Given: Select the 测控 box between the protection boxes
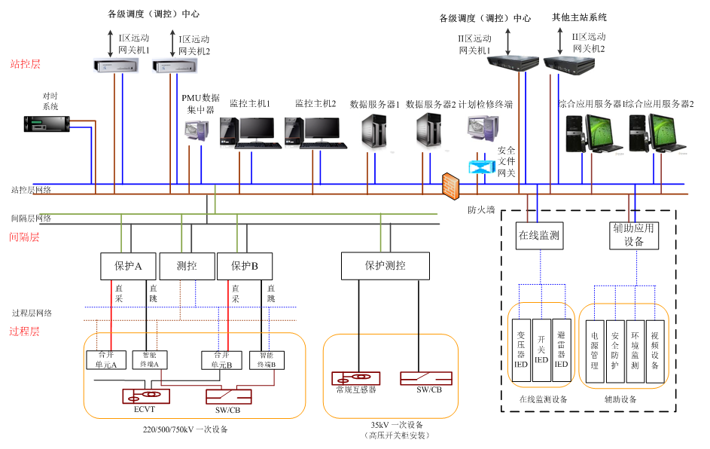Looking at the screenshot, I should click(187, 266).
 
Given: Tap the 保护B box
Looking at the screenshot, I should click(245, 266).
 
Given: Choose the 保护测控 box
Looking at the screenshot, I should click(385, 265).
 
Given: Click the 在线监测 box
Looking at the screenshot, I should click(539, 235).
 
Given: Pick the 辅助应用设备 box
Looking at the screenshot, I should click(634, 235).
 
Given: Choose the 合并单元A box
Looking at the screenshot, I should click(102, 360).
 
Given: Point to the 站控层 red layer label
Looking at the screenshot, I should click(25, 65).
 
